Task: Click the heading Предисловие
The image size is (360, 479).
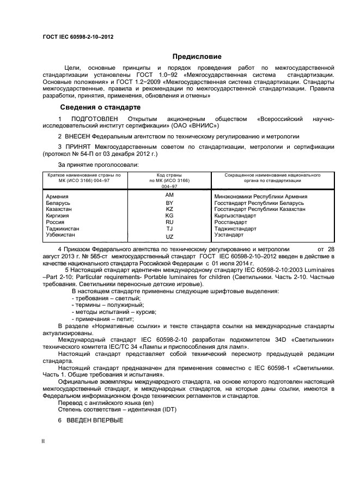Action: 197,56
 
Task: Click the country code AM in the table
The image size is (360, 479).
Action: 169,195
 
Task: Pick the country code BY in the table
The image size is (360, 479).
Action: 169,203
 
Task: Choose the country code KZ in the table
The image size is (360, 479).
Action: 169,209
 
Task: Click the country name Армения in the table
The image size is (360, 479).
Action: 57,196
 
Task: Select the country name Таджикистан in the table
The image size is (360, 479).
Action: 63,229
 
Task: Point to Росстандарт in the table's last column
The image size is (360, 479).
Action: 230,222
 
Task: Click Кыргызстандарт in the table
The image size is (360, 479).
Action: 235,216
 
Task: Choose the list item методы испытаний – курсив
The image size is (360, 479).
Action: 114,312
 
